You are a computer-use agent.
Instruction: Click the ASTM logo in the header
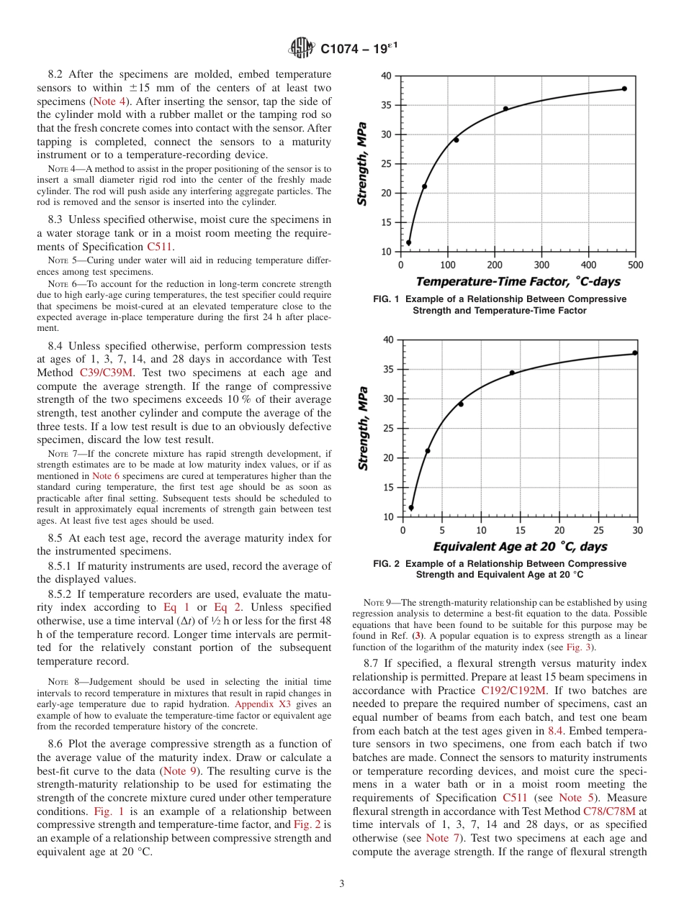[x=301, y=48]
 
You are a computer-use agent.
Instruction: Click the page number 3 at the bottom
[x=342, y=884]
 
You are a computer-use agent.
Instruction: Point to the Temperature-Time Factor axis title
[x=518, y=281]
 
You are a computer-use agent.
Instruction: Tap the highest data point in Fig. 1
[x=624, y=88]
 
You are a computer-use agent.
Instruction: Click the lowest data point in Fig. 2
[x=411, y=508]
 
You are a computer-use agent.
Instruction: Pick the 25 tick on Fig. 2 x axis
[x=598, y=530]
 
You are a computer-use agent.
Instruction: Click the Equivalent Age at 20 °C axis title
[x=520, y=547]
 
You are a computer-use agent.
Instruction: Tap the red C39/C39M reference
[x=105, y=373]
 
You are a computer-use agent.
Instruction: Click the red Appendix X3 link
[x=263, y=704]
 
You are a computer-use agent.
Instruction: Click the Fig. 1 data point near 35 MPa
[x=505, y=109]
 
